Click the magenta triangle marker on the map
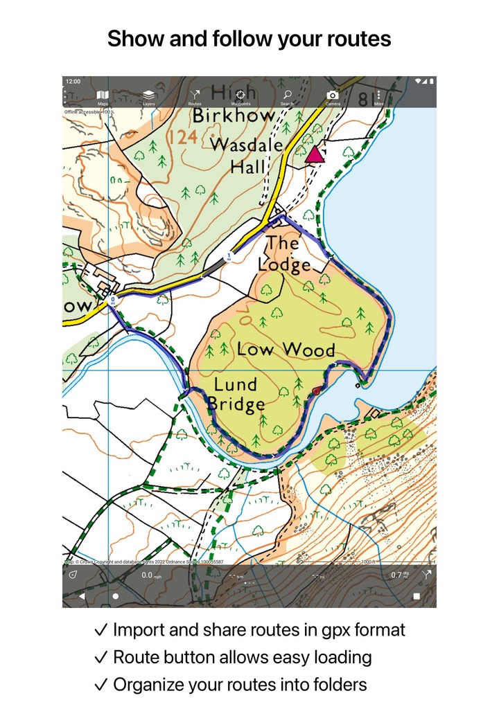click(x=315, y=154)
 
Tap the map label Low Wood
click(x=286, y=349)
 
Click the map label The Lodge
click(x=284, y=253)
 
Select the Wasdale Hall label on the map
click(x=247, y=155)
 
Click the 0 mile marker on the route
click(x=113, y=300)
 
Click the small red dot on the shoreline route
click(x=317, y=392)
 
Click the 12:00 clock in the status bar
click(x=73, y=81)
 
